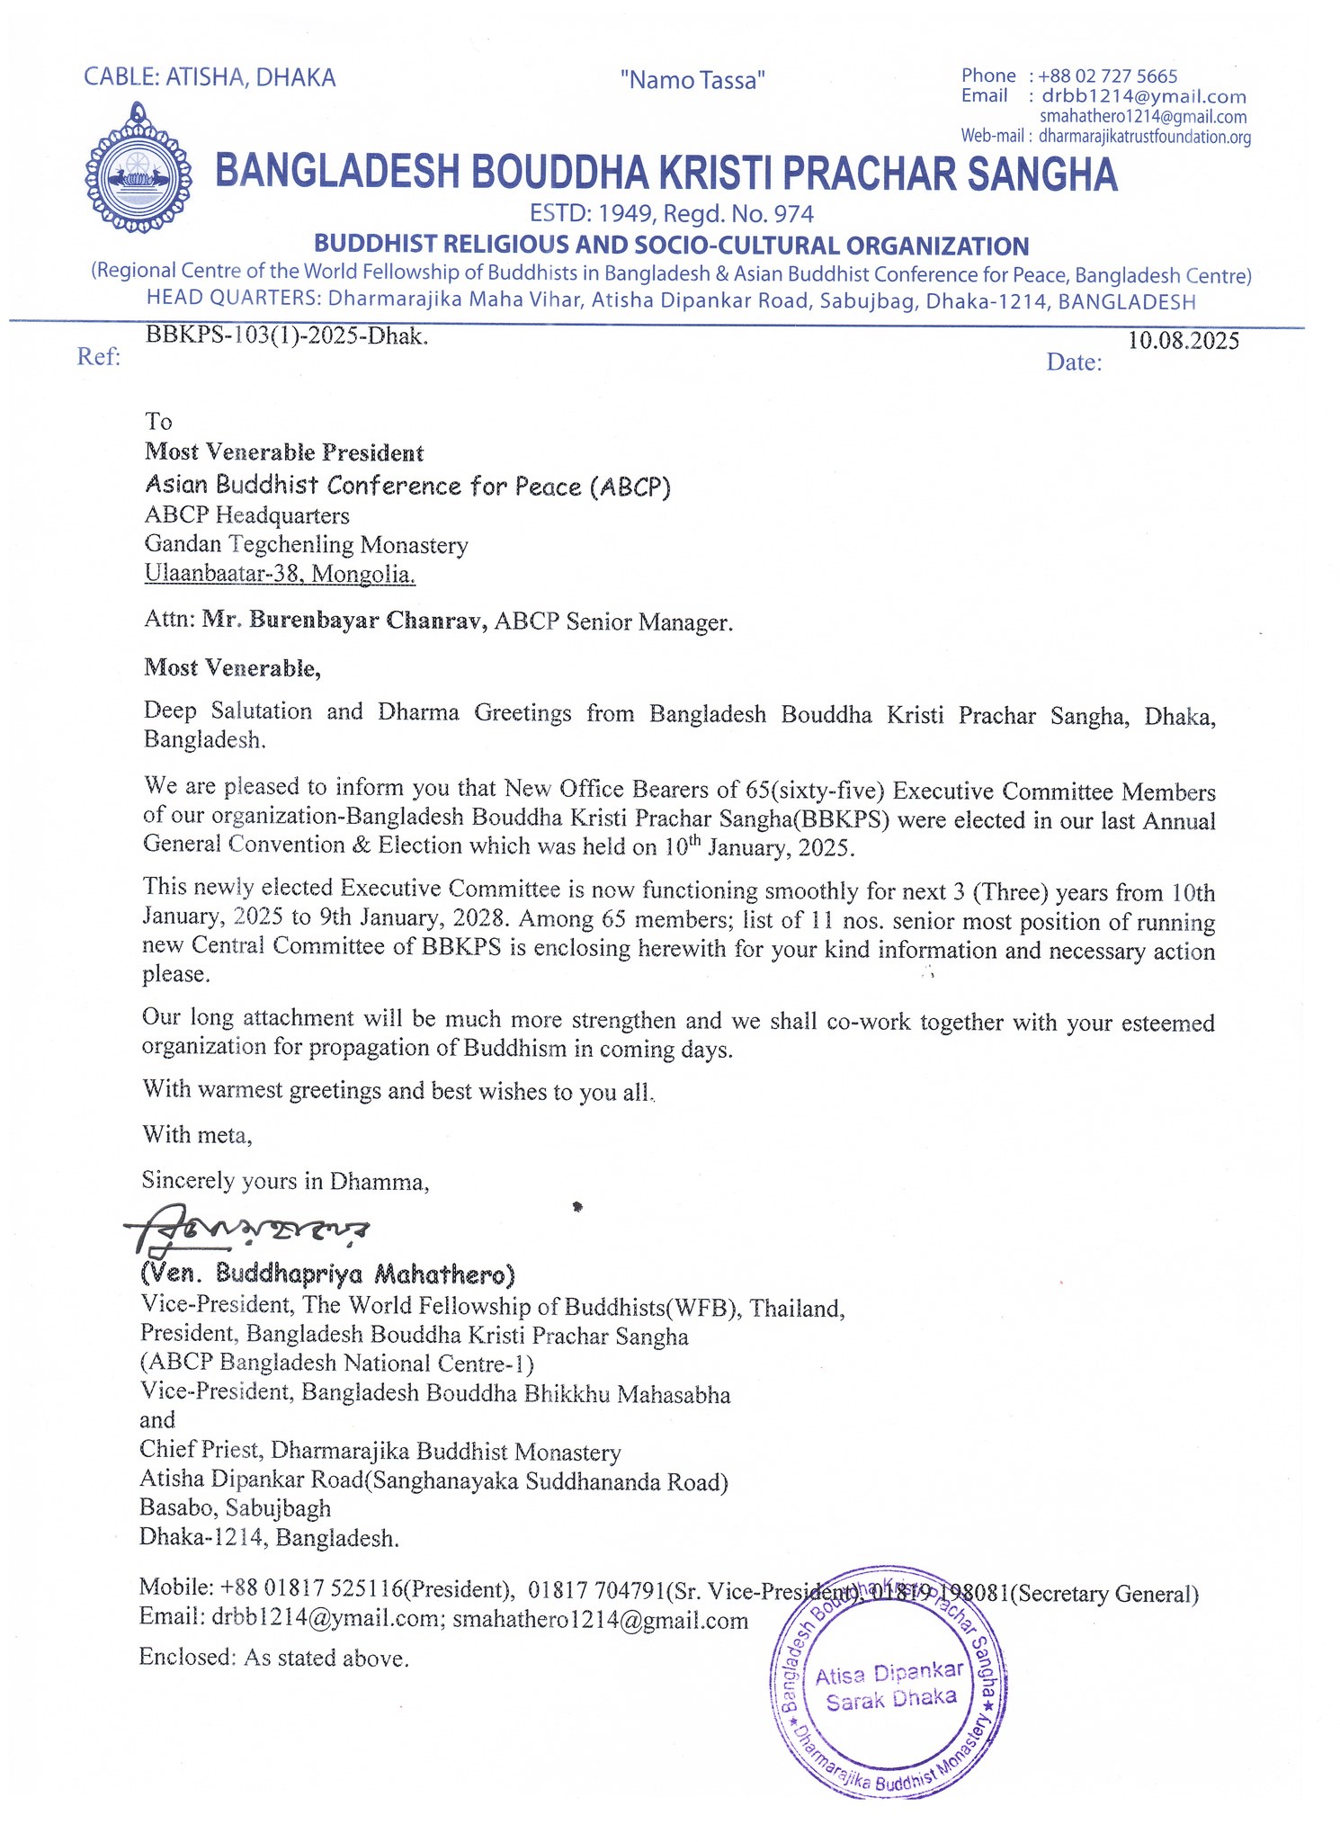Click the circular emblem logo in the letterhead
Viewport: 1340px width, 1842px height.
(x=138, y=169)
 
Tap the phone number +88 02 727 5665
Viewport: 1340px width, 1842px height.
(x=1107, y=76)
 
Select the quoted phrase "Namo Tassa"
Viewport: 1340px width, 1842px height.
(x=692, y=81)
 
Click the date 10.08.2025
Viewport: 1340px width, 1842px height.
(x=1184, y=340)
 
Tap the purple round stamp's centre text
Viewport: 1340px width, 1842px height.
(x=889, y=1687)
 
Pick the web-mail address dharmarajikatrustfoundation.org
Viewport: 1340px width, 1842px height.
(x=1144, y=137)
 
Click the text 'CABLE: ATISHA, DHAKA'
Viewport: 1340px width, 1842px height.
(x=210, y=78)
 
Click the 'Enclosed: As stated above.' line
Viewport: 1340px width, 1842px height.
(x=274, y=1658)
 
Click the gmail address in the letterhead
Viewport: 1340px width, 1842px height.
(x=1142, y=117)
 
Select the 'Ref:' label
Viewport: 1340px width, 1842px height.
(x=98, y=357)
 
